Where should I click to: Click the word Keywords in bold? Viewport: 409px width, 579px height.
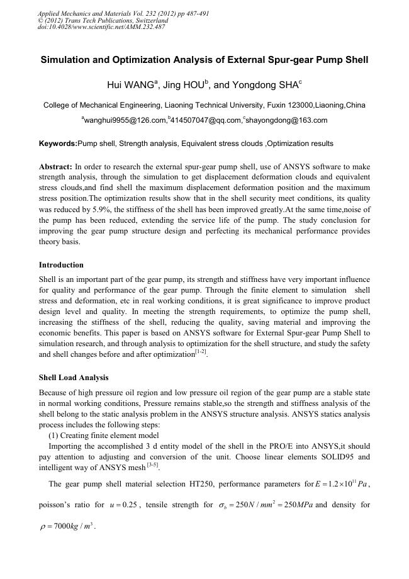[58, 144]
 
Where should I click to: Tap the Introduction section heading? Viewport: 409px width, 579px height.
[61, 264]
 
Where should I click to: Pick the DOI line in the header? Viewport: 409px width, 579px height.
[102, 27]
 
